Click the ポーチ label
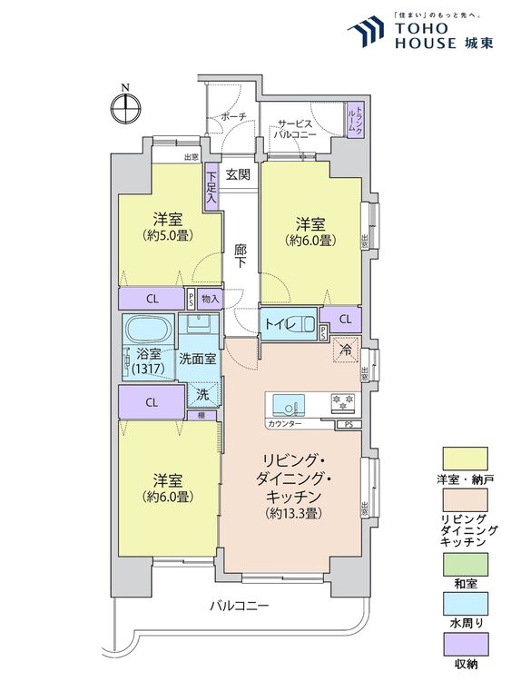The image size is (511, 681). (234, 116)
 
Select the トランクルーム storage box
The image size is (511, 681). (355, 118)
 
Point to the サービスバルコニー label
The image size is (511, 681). (297, 128)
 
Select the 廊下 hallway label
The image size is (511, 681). (240, 255)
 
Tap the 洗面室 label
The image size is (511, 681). (196, 358)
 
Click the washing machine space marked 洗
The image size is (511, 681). (201, 395)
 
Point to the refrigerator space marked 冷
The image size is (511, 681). (346, 350)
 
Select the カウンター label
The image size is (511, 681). (284, 424)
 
